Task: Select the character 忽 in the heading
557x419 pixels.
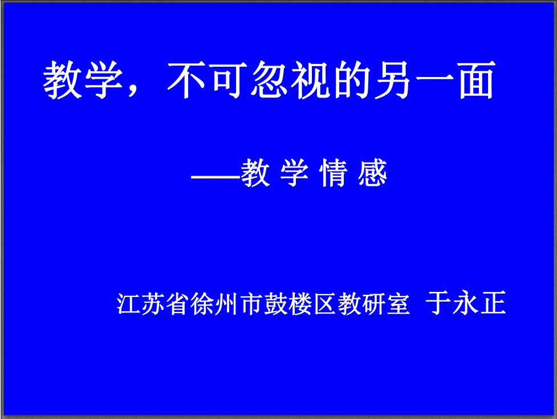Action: point(269,80)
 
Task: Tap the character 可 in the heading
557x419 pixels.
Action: point(227,80)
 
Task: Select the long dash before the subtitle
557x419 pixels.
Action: point(216,176)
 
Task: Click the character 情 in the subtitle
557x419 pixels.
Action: point(333,173)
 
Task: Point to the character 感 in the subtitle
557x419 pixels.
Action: point(372,173)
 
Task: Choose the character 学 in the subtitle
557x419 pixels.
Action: point(294,173)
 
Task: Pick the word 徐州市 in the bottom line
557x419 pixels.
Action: point(226,304)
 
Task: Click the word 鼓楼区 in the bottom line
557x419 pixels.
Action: point(300,304)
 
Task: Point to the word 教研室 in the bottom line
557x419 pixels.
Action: point(373,304)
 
